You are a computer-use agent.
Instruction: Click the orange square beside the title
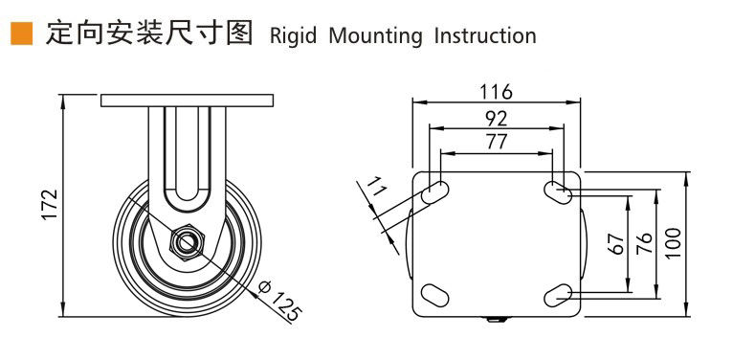[x=21, y=34]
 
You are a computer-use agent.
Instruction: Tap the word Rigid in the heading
[x=293, y=36]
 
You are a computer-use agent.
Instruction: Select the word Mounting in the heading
[x=375, y=36]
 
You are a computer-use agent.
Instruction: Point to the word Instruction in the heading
[x=485, y=35]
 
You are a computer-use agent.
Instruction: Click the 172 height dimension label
[x=50, y=205]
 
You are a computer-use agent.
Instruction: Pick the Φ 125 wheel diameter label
[x=279, y=300]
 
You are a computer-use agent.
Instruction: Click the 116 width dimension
[x=497, y=91]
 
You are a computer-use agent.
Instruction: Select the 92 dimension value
[x=496, y=118]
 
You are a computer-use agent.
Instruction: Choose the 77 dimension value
[x=496, y=142]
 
